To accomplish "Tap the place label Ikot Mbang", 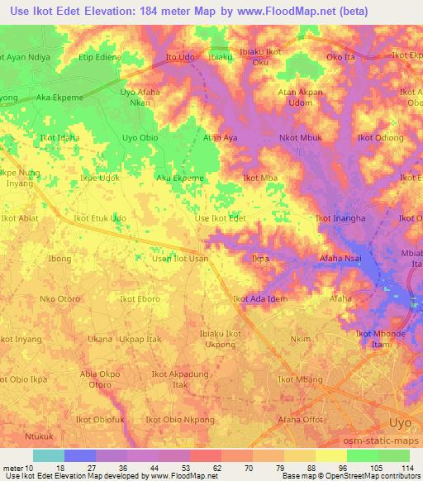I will point(297,379).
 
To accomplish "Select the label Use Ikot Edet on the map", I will point(220,218).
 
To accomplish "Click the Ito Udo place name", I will point(181,57).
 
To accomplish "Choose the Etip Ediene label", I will point(100,57).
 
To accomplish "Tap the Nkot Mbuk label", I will point(301,137).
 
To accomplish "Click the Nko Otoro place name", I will point(59,298).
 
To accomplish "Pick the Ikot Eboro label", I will point(140,298).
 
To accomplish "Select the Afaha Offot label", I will point(301,420).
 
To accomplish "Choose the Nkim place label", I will point(301,339).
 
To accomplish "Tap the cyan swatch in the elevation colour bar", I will point(49,455).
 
